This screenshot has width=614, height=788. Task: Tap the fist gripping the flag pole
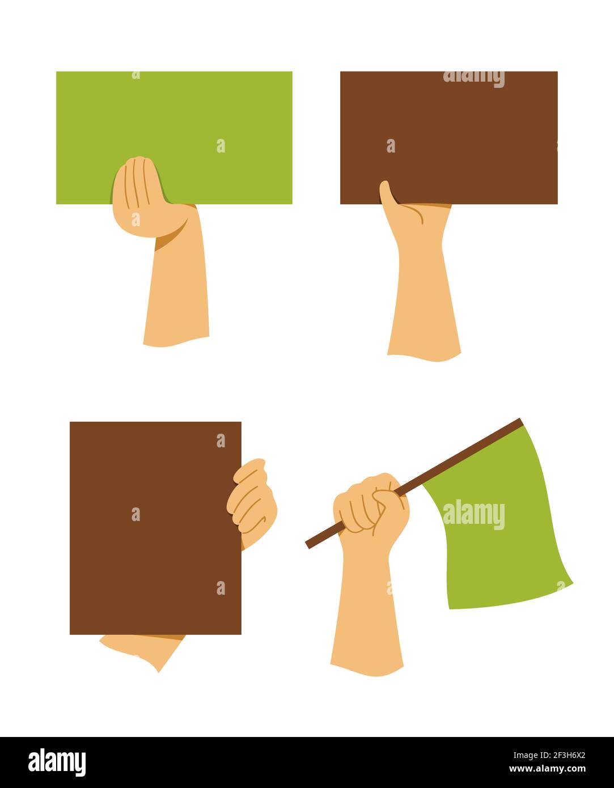point(371,505)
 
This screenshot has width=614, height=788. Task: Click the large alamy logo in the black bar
point(57,762)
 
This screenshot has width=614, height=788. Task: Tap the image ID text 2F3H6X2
point(556,755)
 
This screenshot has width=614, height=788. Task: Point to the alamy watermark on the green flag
point(473,515)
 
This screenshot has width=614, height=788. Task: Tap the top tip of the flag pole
point(519,421)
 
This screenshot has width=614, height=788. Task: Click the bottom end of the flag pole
point(308,545)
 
